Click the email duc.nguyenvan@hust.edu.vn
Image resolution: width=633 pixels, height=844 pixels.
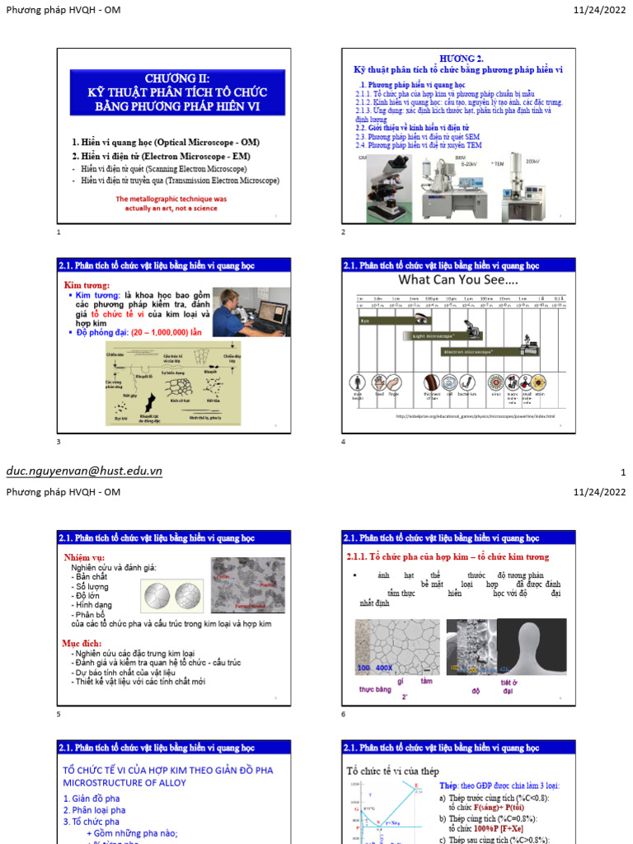tap(84, 471)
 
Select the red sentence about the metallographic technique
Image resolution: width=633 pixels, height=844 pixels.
tap(171, 203)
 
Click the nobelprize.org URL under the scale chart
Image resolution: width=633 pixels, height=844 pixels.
tap(475, 416)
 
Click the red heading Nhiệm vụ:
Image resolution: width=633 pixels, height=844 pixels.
tap(85, 558)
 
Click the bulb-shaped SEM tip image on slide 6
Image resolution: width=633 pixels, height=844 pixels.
tap(530, 645)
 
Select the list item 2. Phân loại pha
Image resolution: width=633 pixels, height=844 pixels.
tap(95, 810)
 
